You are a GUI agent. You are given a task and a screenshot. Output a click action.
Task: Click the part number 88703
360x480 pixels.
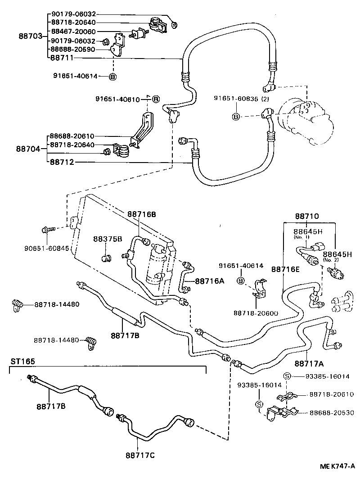[30, 36]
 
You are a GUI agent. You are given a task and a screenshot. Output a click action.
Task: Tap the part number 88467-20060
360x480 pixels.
[73, 32]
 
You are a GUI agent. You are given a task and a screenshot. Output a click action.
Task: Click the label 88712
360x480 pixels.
[62, 163]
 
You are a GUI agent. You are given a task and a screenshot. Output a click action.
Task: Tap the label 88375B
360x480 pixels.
[108, 239]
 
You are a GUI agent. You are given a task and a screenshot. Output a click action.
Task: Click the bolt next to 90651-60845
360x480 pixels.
[47, 230]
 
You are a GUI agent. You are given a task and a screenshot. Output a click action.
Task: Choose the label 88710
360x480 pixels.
[307, 216]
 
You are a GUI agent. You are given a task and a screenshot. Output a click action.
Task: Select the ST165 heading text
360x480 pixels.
[23, 361]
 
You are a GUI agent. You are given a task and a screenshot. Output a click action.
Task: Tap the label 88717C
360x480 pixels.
[140, 455]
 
